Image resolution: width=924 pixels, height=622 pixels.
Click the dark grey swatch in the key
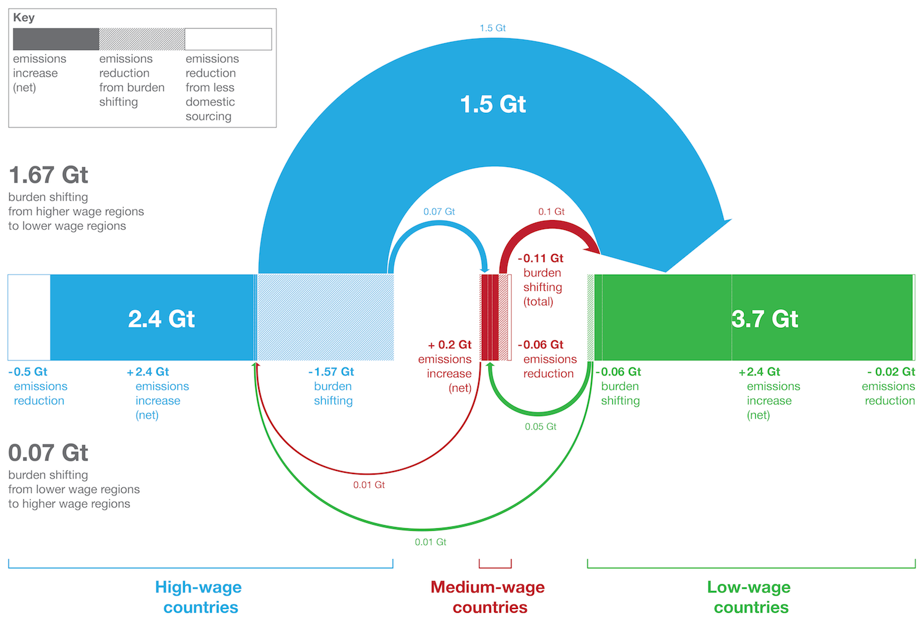pos(56,39)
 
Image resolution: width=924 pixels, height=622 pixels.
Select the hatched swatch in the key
pos(142,39)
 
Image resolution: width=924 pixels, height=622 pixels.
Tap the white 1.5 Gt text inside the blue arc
pos(493,104)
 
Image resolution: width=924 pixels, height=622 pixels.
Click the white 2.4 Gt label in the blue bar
pos(161,319)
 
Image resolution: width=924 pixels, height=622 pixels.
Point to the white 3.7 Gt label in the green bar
pos(765,319)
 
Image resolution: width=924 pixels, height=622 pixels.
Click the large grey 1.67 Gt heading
pos(48,175)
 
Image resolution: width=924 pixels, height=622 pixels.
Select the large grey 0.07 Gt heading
pos(48,452)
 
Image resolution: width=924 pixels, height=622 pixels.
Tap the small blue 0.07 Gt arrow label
pos(439,211)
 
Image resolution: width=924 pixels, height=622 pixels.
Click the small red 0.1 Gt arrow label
pos(551,211)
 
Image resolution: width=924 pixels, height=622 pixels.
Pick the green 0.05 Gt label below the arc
pos(540,427)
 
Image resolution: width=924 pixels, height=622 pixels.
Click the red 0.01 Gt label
pos(369,485)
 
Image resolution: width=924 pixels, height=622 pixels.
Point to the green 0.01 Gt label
pos(430,542)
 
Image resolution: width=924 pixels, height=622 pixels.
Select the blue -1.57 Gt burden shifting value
pos(331,372)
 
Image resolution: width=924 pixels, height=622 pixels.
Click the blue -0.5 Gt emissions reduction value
pos(28,372)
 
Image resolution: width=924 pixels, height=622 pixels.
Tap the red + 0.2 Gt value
pos(450,345)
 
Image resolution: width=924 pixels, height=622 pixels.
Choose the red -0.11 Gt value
pos(540,258)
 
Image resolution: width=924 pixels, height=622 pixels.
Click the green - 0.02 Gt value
pos(891,372)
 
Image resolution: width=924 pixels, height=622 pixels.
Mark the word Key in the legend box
pos(24,17)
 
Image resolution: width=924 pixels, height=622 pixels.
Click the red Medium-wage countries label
pos(488,597)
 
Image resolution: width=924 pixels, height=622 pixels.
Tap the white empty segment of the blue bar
pos(30,317)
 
